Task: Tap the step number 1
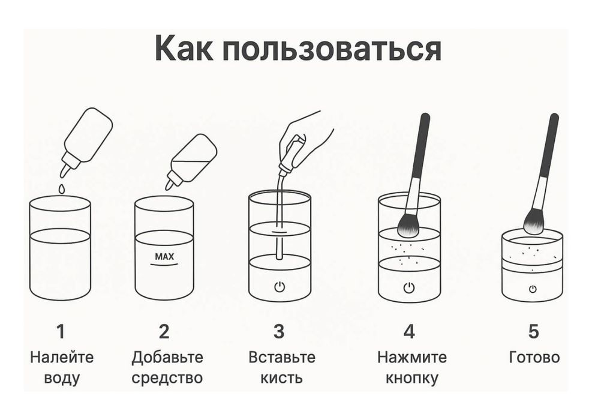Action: coord(60,331)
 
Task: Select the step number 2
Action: coord(164,331)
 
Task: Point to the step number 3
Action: coord(279,331)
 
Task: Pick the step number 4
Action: coord(409,331)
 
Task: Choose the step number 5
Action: coord(533,331)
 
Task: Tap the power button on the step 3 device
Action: coord(280,286)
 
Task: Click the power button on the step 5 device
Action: coord(533,289)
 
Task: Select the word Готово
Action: coord(534,358)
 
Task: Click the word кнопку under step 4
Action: coord(411,379)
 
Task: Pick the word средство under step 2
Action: coord(167,379)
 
